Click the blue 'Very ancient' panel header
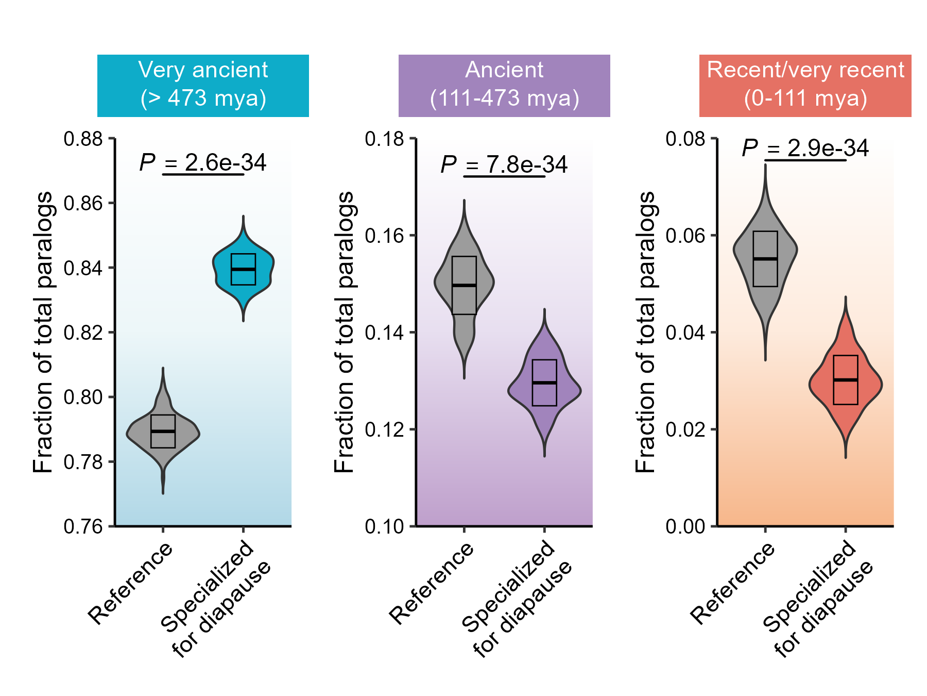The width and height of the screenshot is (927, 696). point(203,86)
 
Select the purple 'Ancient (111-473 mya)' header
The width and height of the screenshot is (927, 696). point(504,86)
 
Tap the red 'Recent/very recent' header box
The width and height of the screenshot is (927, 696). point(805,86)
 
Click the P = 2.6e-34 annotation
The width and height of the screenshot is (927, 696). point(203,163)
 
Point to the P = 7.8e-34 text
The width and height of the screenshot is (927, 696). point(504,165)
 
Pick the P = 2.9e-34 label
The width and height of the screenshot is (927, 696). point(805,148)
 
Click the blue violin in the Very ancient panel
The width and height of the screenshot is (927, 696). point(243,269)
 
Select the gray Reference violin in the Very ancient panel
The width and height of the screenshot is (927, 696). point(163,432)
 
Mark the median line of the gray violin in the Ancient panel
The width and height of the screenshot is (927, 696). point(464,285)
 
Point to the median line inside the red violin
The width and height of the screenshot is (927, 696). point(845,380)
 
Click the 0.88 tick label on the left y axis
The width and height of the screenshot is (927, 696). point(83,139)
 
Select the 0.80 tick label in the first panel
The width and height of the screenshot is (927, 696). point(83,397)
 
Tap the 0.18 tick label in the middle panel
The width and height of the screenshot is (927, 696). point(384,139)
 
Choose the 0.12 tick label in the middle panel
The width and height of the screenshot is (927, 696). point(384,429)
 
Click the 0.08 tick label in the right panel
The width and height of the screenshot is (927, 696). point(685,139)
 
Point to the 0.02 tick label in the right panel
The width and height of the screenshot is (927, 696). point(685,429)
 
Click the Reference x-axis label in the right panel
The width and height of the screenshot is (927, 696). point(732,583)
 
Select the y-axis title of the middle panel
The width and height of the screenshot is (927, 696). point(345,332)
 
